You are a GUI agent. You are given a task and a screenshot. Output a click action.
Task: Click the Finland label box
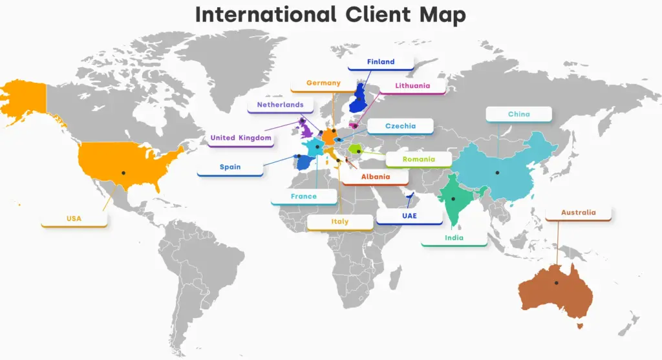click(380, 62)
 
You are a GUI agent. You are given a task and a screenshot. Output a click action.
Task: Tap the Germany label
click(323, 83)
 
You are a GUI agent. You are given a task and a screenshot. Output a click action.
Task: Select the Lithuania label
click(412, 85)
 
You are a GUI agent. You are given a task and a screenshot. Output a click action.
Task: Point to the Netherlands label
click(280, 105)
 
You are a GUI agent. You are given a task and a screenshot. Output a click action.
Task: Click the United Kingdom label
click(240, 138)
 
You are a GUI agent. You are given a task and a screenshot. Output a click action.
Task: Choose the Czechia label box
click(400, 126)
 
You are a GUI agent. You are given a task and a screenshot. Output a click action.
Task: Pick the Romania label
click(418, 159)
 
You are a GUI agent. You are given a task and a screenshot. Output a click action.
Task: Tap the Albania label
click(375, 176)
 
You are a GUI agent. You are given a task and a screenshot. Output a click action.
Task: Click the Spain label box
click(230, 167)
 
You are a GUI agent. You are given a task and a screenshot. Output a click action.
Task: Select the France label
click(303, 196)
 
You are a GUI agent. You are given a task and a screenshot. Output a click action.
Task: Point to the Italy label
click(339, 222)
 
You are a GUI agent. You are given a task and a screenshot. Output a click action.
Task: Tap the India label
click(454, 238)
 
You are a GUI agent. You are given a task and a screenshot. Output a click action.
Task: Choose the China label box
click(518, 114)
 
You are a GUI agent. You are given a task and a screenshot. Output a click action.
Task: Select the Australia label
click(578, 213)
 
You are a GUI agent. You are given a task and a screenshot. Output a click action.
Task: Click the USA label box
click(74, 218)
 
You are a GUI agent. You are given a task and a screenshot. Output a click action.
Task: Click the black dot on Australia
click(556, 282)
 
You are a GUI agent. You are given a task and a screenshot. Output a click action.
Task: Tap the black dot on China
click(497, 172)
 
